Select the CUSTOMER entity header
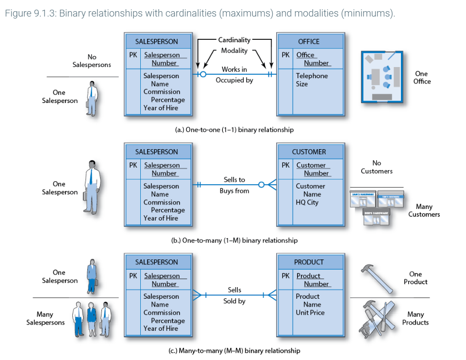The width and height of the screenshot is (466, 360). (x=309, y=152)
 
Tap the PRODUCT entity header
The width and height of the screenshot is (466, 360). (x=309, y=262)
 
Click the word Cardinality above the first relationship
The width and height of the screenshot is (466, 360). (x=234, y=40)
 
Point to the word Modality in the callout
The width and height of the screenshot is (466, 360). (x=234, y=51)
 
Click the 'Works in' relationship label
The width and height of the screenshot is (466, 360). (x=234, y=69)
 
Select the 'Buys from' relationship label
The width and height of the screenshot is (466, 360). (x=234, y=191)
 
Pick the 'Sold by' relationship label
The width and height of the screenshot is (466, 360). (x=234, y=301)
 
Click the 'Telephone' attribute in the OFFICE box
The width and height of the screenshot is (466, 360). (x=312, y=76)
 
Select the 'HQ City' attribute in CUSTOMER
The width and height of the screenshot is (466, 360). (x=307, y=202)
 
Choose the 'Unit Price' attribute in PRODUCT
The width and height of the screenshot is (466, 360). (x=310, y=312)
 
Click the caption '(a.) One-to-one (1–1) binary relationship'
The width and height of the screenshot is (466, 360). (x=234, y=130)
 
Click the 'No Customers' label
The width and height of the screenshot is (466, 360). (x=377, y=167)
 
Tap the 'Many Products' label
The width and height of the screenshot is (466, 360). (x=416, y=318)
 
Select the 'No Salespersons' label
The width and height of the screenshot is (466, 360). (x=92, y=61)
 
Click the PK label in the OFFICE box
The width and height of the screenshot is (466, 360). (x=286, y=55)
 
